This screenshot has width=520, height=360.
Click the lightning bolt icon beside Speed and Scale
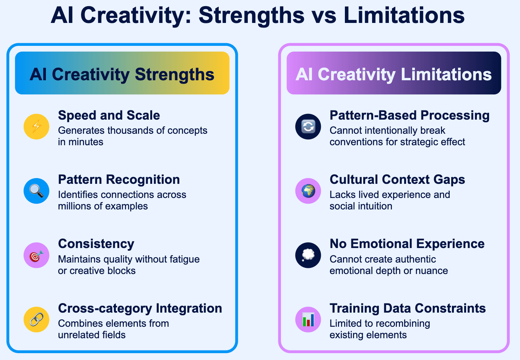pos(36,126)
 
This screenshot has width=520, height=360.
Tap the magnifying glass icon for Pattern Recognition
pos(36,191)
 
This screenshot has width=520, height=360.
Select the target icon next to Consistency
pos(36,255)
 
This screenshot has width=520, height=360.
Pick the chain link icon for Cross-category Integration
pos(36,319)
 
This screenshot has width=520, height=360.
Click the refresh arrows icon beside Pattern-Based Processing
pos(308,126)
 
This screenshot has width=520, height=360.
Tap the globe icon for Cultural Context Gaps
pos(308,191)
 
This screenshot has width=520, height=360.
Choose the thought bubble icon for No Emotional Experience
pos(308,255)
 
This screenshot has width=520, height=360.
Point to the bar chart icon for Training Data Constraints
pos(308,319)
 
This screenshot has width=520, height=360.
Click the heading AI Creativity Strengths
pos(122,74)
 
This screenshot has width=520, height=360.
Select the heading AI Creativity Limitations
pos(393,74)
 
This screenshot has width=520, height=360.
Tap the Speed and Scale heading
pos(109,115)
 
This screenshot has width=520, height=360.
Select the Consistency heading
pos(96,244)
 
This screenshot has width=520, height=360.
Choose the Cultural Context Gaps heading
pos(397,180)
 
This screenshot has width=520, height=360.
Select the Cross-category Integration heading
pos(140,308)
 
